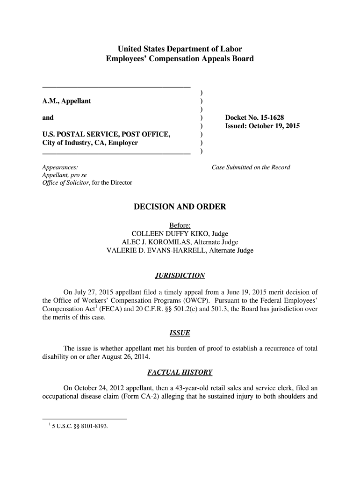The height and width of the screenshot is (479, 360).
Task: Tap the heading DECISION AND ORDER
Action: pyautogui.click(x=180, y=206)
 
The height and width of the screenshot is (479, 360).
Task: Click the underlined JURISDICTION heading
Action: pyautogui.click(x=180, y=275)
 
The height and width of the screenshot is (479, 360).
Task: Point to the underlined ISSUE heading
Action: pyautogui.click(x=180, y=333)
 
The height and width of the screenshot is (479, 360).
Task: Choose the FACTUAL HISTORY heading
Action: pyautogui.click(x=180, y=372)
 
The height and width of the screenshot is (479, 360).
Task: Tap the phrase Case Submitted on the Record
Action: pyautogui.click(x=251, y=167)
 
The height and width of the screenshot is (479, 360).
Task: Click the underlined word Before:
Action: pyautogui.click(x=180, y=225)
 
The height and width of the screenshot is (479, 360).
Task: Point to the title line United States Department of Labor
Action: pyautogui.click(x=180, y=49)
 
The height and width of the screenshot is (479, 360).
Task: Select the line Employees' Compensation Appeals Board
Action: pyautogui.click(x=180, y=58)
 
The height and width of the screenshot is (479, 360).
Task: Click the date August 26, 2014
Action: pyautogui.click(x=125, y=357)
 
